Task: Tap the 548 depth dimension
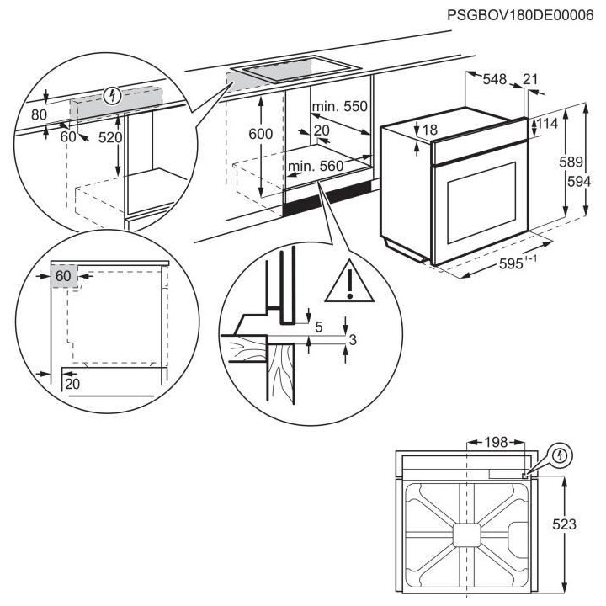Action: click(495, 80)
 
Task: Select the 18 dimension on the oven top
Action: click(430, 130)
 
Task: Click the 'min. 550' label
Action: click(339, 107)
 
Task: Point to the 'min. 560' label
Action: click(316, 167)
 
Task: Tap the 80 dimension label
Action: click(40, 114)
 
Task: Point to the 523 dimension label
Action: click(565, 524)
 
